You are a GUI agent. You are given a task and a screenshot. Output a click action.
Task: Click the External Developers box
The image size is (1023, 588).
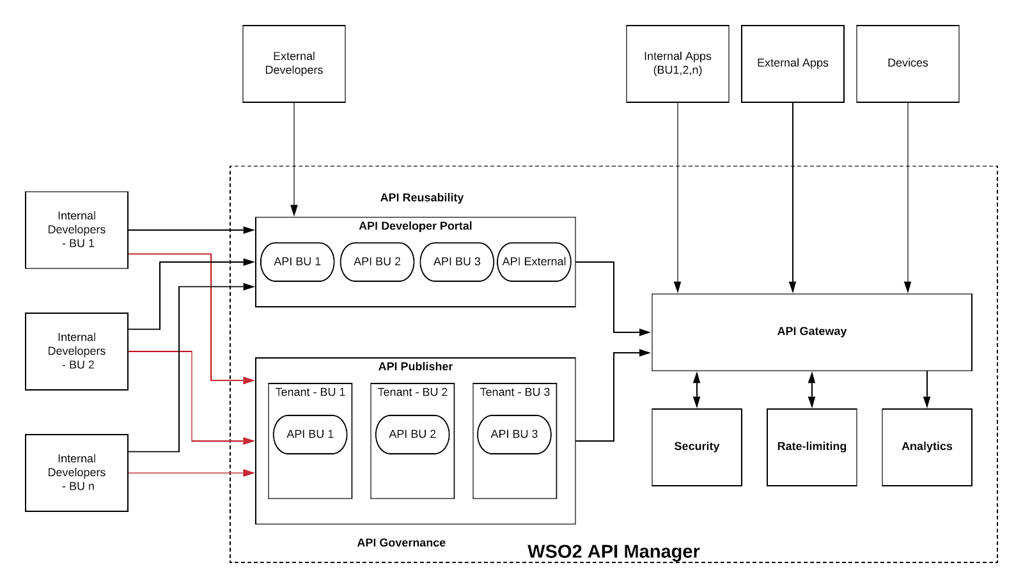point(294,63)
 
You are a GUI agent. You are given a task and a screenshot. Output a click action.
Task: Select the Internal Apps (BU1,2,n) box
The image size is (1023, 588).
point(678,63)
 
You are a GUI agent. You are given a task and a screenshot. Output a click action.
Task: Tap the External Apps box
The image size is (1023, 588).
point(793,63)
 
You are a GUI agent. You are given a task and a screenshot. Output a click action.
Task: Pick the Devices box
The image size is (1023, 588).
point(908,63)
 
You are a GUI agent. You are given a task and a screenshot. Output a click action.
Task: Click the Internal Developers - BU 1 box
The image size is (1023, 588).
point(77,229)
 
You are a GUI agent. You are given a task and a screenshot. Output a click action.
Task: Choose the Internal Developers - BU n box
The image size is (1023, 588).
point(77,472)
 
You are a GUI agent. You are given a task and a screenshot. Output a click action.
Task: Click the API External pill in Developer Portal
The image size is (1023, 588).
point(534,261)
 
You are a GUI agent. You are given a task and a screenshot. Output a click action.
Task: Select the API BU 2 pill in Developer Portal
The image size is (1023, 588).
point(377,261)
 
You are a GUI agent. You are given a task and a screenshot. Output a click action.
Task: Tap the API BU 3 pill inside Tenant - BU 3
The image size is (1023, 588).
point(514,434)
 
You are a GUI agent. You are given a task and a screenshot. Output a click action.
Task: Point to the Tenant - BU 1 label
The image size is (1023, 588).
point(310,392)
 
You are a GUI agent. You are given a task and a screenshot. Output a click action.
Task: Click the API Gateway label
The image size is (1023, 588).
point(812,331)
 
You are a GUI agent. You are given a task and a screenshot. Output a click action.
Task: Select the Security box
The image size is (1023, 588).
point(697,447)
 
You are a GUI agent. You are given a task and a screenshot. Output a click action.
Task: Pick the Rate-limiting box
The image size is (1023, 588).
point(812,447)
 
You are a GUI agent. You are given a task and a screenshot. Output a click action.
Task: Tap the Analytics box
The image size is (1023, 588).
point(927,447)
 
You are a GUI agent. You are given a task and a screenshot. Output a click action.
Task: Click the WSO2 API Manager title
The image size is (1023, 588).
point(613,551)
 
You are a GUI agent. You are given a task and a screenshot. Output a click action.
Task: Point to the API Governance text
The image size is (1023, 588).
point(401,543)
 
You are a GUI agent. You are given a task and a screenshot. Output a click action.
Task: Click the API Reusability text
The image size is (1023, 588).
point(421,197)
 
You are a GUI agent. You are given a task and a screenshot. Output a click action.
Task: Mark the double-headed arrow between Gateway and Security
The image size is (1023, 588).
point(697,390)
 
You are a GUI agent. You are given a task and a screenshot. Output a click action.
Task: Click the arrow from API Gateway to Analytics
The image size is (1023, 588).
point(927,390)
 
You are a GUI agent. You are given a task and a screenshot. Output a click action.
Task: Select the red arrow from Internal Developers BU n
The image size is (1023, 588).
point(192,473)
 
